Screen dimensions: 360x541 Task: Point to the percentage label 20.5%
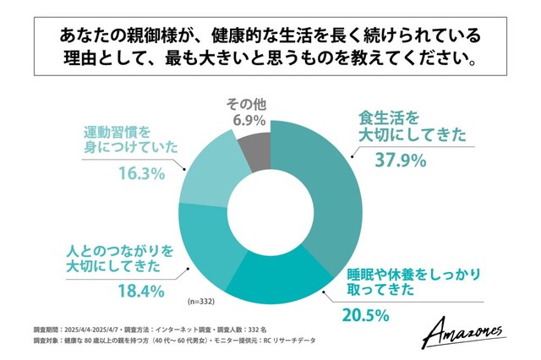click(366, 316)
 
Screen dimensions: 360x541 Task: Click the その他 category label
click(247, 104)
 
